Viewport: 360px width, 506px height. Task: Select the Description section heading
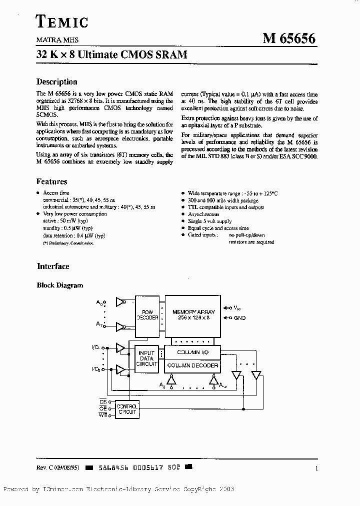(x=57, y=81)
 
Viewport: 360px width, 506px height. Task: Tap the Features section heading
(x=51, y=181)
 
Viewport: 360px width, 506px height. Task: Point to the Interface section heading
(x=53, y=266)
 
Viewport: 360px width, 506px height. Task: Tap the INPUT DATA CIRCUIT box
(x=146, y=358)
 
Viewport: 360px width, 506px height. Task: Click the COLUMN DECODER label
(x=192, y=365)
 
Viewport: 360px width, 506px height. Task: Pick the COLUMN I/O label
(x=192, y=352)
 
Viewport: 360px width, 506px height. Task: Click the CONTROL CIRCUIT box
(x=126, y=409)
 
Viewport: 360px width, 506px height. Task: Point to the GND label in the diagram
(x=239, y=318)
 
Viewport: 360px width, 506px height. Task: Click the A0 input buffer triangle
(x=120, y=302)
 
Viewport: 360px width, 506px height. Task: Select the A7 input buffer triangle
(x=120, y=326)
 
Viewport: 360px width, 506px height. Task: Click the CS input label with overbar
(x=103, y=401)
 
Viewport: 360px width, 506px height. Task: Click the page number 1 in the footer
(x=316, y=468)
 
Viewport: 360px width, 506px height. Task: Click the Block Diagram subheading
(x=60, y=285)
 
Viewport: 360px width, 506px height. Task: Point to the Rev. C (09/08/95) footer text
(x=58, y=468)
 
